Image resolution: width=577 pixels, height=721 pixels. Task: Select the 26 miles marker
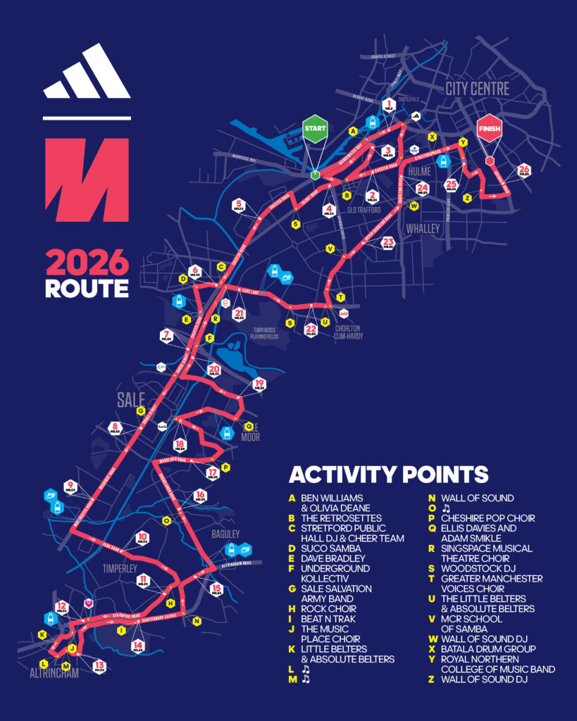coord(523,170)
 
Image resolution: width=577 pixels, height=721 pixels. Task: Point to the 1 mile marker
coord(388,105)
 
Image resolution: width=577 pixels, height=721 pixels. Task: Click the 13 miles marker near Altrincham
coord(99,665)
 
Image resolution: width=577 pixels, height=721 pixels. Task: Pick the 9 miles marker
coord(70,486)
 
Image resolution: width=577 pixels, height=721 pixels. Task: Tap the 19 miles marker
coord(259,384)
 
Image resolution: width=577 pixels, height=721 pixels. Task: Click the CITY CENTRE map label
coord(476,89)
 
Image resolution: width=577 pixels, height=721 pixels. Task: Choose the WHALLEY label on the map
coord(423,228)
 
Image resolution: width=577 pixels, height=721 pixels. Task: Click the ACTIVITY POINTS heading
coord(388,474)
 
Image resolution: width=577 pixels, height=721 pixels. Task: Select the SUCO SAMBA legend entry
coord(330,548)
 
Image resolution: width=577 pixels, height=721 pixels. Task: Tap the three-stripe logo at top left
coord(87,73)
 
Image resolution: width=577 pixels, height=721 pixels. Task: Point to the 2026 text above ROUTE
coord(87,263)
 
